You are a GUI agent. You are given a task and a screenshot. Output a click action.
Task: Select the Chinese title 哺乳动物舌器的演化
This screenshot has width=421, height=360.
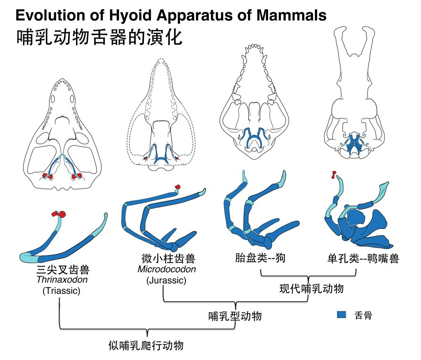tap(99, 37)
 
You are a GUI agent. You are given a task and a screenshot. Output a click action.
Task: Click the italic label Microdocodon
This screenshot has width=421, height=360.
tap(167, 270)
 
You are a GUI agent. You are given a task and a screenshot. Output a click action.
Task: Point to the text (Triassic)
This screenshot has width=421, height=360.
tap(61, 291)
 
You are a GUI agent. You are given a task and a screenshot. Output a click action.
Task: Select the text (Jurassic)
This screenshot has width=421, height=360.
tap(166, 281)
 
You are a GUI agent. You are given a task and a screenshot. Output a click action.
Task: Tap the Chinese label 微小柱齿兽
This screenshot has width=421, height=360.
tap(167, 259)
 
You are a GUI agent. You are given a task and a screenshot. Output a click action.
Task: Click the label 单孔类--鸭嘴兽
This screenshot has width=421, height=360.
tap(363, 259)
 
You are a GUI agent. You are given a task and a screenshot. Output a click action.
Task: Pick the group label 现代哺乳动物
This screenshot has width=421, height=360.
tap(311, 288)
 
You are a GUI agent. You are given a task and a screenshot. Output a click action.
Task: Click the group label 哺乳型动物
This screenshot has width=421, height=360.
tap(235, 316)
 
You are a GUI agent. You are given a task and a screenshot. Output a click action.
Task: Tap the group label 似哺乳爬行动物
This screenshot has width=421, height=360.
tap(146, 344)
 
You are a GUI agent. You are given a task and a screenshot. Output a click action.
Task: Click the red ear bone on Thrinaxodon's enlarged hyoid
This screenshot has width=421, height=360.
tap(60, 214)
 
